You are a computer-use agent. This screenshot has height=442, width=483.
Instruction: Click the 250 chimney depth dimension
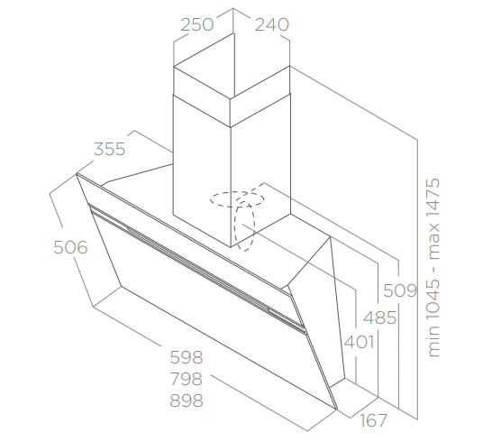[x=196, y=24]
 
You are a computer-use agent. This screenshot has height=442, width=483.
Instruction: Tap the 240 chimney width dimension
[x=272, y=24]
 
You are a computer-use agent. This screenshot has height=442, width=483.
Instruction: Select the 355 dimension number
[x=110, y=149]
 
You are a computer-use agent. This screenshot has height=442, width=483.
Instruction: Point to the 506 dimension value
[x=70, y=247]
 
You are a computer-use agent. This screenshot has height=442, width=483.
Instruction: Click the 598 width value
[x=187, y=357]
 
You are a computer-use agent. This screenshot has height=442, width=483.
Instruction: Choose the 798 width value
[x=187, y=379]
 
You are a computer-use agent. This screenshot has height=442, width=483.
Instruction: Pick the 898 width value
[x=187, y=401]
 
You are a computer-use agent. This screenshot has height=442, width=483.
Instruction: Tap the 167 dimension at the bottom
[x=373, y=420]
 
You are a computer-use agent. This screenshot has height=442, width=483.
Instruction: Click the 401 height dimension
[x=359, y=342]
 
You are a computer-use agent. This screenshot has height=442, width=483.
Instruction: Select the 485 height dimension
[x=379, y=318]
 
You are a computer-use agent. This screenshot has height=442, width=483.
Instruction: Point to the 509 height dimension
[x=400, y=290]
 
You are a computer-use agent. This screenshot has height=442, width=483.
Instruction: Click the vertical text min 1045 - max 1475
[x=434, y=267]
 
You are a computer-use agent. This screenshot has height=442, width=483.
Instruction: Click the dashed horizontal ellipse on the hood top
[x=237, y=192]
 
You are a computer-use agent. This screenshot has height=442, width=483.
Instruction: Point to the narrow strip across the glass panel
[x=197, y=265]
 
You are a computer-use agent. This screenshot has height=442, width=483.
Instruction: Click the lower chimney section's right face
[x=260, y=170]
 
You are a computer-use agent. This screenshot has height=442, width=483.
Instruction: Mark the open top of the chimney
[x=232, y=66]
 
